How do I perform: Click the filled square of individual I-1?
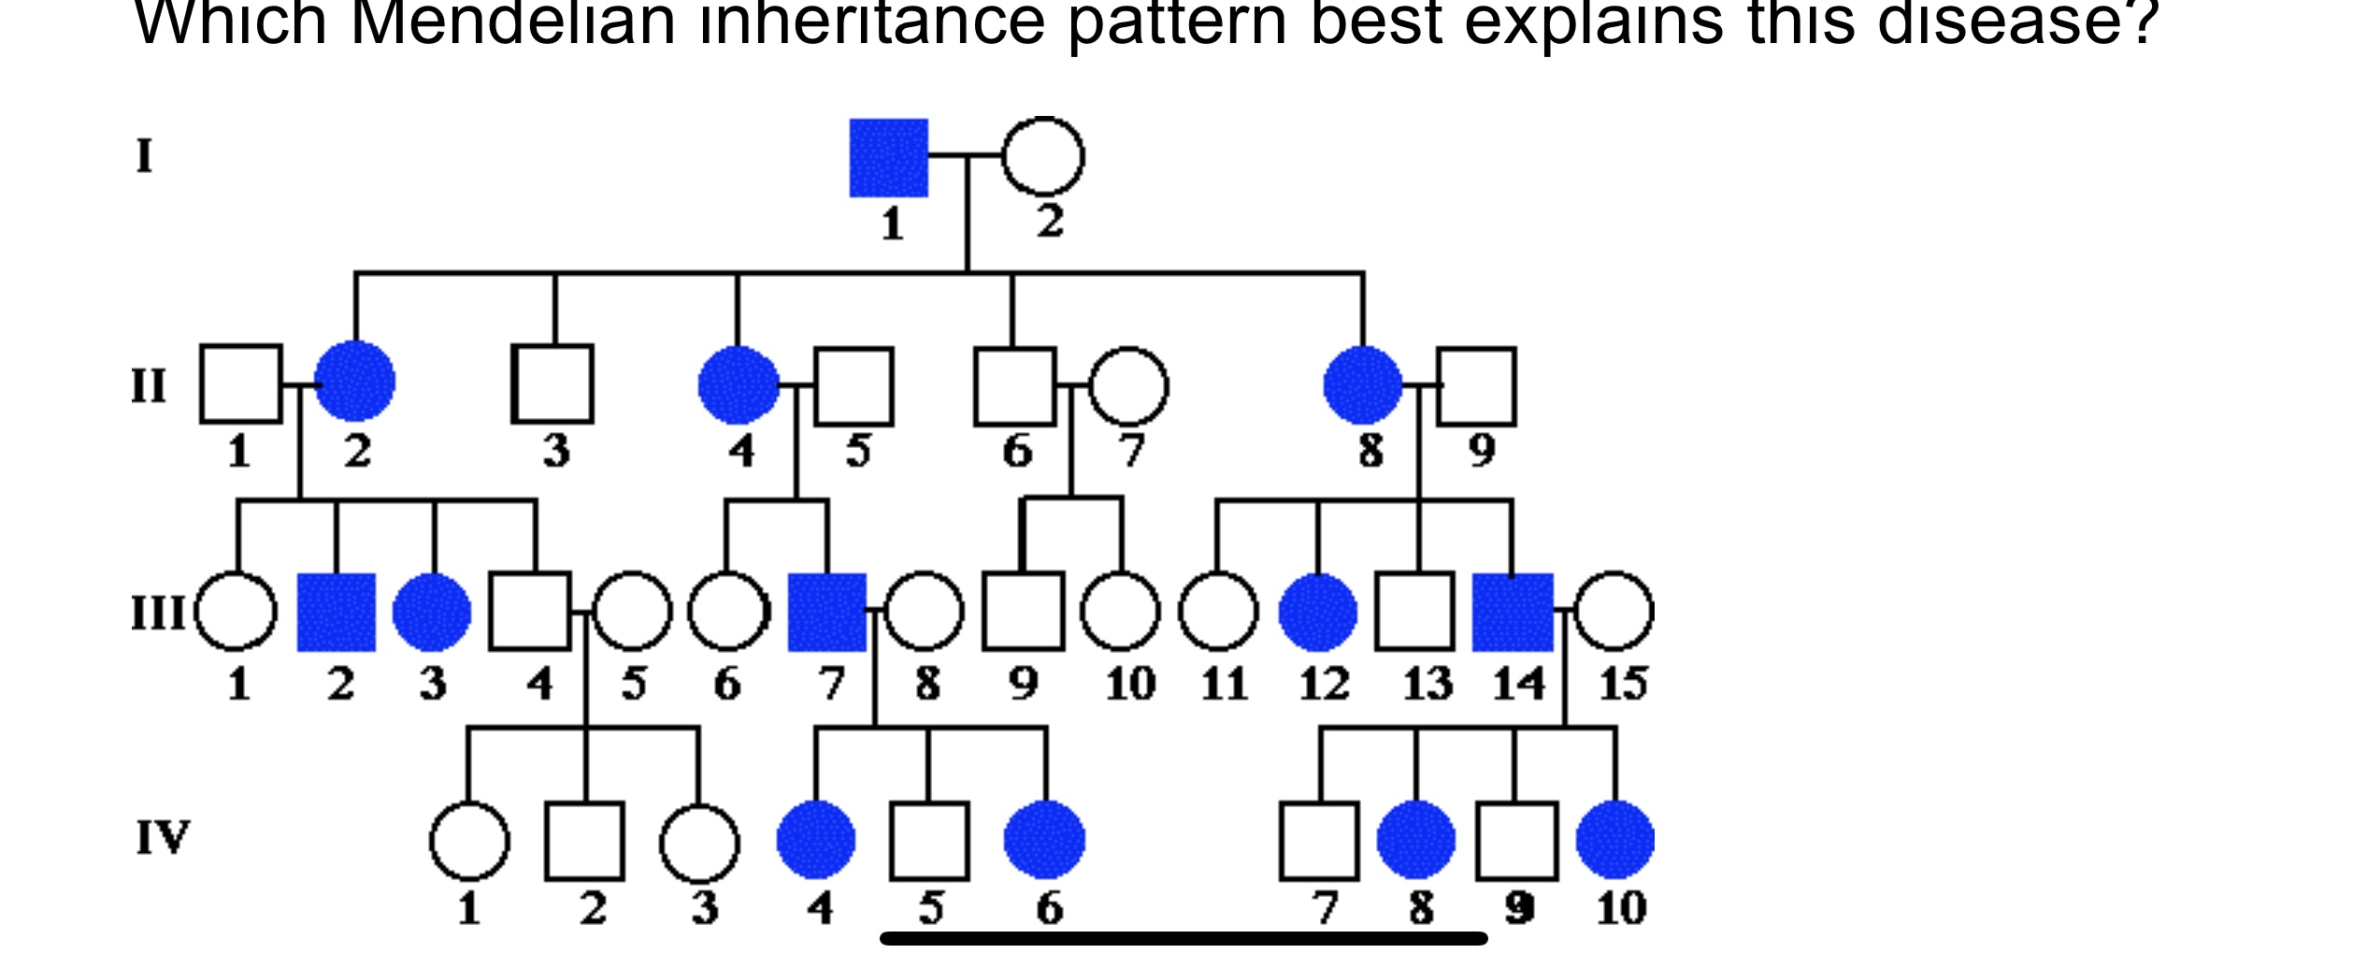888,158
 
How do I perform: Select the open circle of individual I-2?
1042,157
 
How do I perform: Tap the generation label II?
149,385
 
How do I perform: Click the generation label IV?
163,837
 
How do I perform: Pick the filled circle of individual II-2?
355,382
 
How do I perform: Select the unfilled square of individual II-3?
553,383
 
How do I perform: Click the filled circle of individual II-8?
1363,384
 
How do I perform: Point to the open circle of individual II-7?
1128,386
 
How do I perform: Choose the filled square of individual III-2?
337,613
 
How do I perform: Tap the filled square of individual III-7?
827,613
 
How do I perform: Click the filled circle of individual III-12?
1317,613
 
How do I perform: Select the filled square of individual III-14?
1513,613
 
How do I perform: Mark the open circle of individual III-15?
1614,612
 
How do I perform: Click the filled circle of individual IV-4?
816,840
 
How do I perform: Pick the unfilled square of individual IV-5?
929,841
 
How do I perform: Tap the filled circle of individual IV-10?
1614,840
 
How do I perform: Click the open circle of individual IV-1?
469,841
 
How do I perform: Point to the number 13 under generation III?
1427,684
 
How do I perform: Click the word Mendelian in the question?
512,23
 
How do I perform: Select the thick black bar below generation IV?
1183,938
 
